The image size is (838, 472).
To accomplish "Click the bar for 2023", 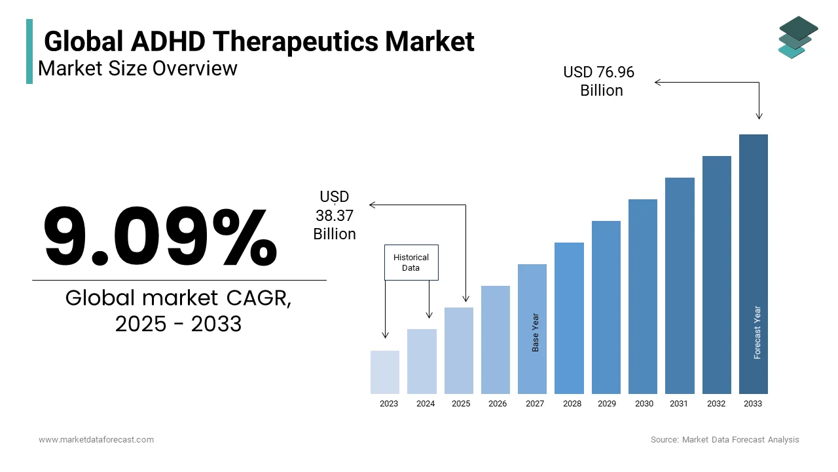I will (385, 372).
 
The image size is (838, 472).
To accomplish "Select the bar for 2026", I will (496, 340).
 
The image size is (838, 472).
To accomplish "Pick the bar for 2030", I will (643, 296).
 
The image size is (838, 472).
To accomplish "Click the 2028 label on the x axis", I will (572, 404).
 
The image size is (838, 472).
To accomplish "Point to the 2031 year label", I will (679, 404).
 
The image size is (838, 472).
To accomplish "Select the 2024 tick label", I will (426, 404).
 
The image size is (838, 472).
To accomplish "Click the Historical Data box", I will (411, 263).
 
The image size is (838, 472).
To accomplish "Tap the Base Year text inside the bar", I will (536, 332).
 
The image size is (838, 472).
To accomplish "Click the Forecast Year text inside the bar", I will (757, 332).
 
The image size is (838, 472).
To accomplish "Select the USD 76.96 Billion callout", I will (599, 81).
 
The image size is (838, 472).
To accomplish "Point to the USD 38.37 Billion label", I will (335, 215).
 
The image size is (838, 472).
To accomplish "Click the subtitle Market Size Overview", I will (137, 68).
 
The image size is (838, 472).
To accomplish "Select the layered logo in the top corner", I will (798, 37).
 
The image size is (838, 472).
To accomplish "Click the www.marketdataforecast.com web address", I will (96, 440).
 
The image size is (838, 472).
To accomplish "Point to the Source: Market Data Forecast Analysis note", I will (725, 440).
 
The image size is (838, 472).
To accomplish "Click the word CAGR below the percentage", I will (259, 298).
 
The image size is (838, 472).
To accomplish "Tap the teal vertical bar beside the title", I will (29, 51).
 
